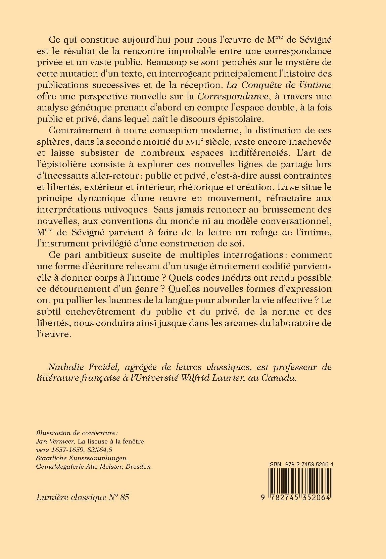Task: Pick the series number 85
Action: (124, 498)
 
